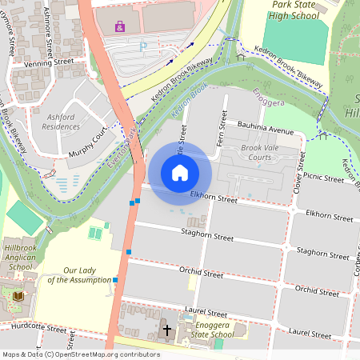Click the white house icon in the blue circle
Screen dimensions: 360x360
180,172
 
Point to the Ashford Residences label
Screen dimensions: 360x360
61,121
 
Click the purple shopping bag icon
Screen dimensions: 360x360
120,26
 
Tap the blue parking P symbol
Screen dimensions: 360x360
143,47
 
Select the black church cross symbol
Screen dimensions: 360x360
167,329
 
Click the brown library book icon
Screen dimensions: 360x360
18,296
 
